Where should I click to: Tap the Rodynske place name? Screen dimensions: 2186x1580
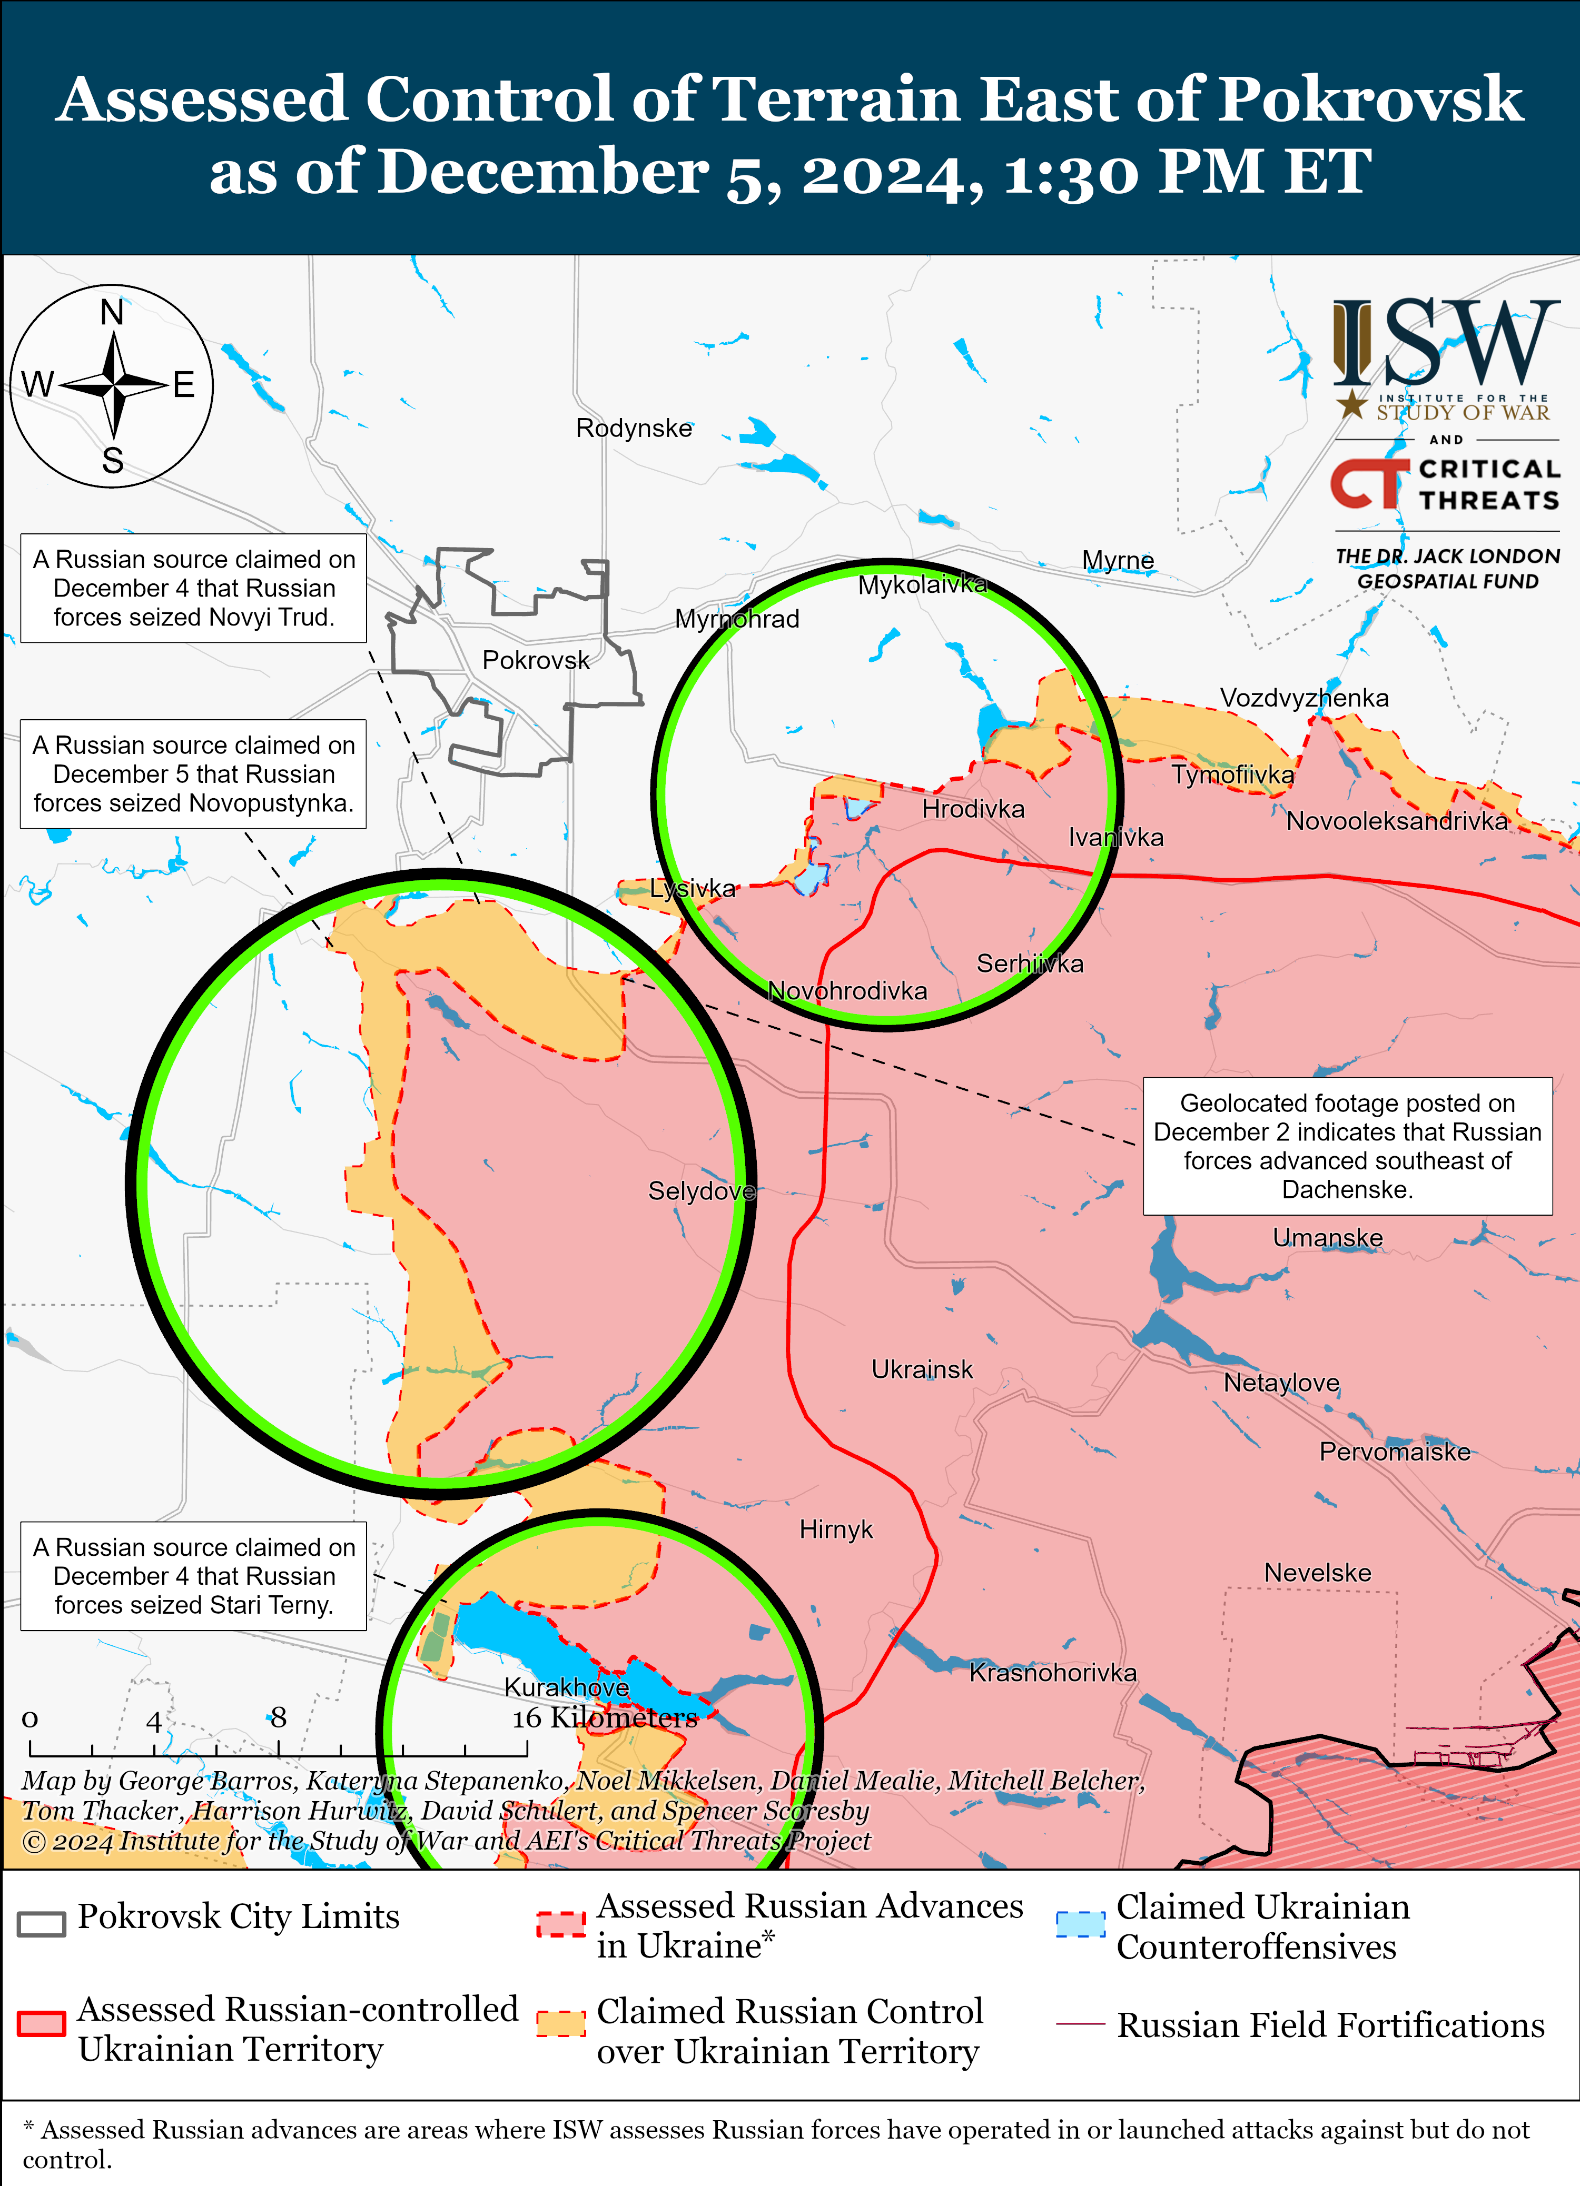634,428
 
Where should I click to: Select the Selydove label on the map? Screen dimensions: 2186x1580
701,1191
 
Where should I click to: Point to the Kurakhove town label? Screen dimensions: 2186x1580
567,1687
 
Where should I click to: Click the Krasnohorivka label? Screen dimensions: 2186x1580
1053,1672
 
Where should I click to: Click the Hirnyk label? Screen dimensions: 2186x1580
836,1529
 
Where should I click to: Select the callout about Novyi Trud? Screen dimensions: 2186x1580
194,588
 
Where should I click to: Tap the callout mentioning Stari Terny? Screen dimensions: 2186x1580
194,1576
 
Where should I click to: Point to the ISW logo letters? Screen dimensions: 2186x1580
1446,342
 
